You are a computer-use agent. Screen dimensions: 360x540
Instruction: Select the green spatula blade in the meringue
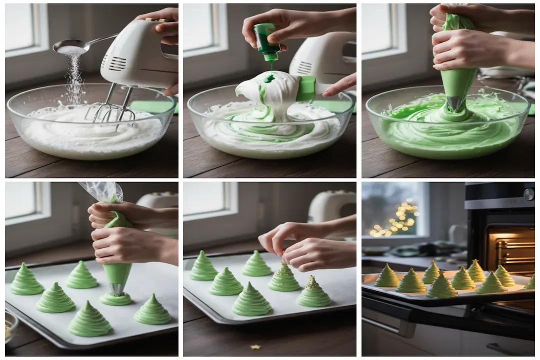coord(305,88)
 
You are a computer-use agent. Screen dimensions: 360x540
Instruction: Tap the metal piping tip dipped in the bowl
coord(454,103)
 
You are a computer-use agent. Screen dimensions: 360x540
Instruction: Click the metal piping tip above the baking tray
coord(117,289)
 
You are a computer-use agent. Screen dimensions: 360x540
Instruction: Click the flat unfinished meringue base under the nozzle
coord(116,299)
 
